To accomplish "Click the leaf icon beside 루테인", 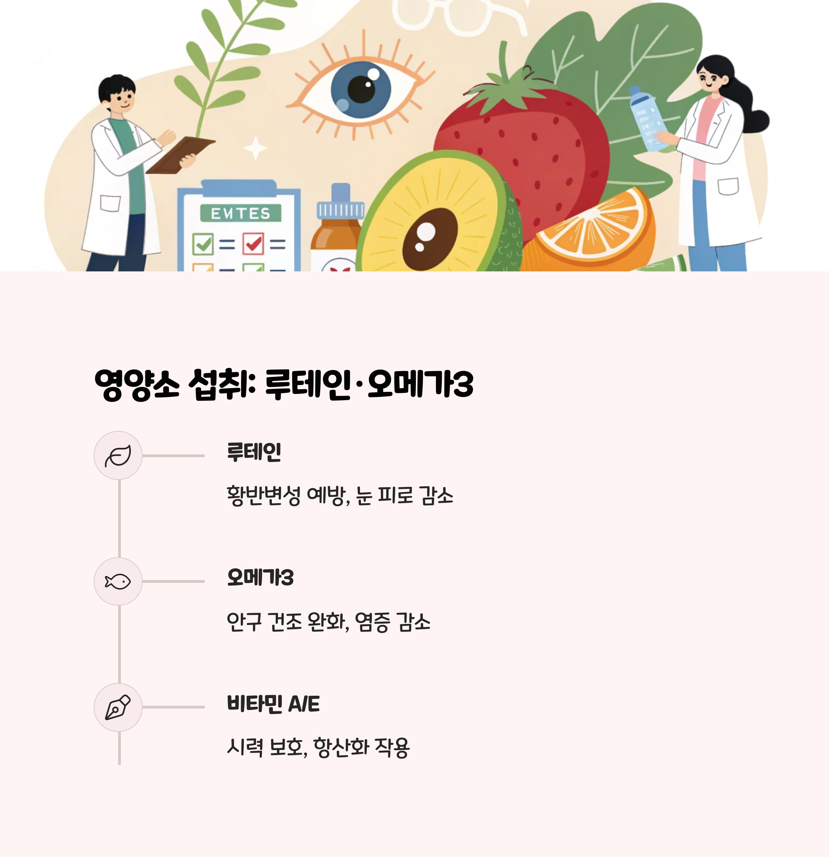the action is [118, 456].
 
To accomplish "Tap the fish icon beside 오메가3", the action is [118, 581].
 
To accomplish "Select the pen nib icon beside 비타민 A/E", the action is [118, 707].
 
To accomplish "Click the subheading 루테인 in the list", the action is [254, 452].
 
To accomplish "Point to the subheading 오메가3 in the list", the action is [260, 578].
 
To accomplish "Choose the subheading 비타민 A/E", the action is [274, 704].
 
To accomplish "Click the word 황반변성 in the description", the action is [263, 495].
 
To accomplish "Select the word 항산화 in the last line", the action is [342, 747].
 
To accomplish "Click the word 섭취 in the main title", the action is [221, 384].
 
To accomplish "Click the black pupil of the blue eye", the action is [361, 89].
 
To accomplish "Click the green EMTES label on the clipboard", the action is [241, 213].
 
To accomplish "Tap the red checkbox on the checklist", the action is [253, 243].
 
